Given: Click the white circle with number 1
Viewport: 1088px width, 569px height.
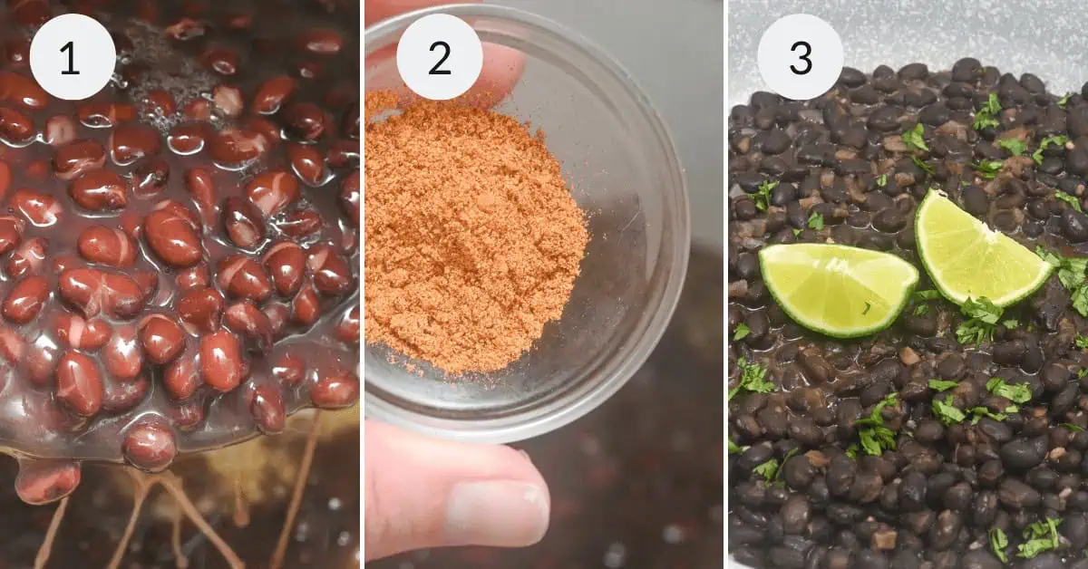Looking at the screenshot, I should [x=73, y=57].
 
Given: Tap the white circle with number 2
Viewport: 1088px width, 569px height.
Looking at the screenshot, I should [x=439, y=57].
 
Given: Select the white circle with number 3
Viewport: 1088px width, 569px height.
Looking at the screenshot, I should [x=800, y=57].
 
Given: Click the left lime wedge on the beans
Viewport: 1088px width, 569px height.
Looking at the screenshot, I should [x=836, y=286].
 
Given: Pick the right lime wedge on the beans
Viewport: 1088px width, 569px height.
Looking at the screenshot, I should [x=979, y=249].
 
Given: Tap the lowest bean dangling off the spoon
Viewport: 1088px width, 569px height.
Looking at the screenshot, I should [x=47, y=480].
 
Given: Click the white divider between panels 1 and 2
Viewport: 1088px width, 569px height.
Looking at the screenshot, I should [x=363, y=284].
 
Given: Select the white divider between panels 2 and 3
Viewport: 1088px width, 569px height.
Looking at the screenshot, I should [x=726, y=284].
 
